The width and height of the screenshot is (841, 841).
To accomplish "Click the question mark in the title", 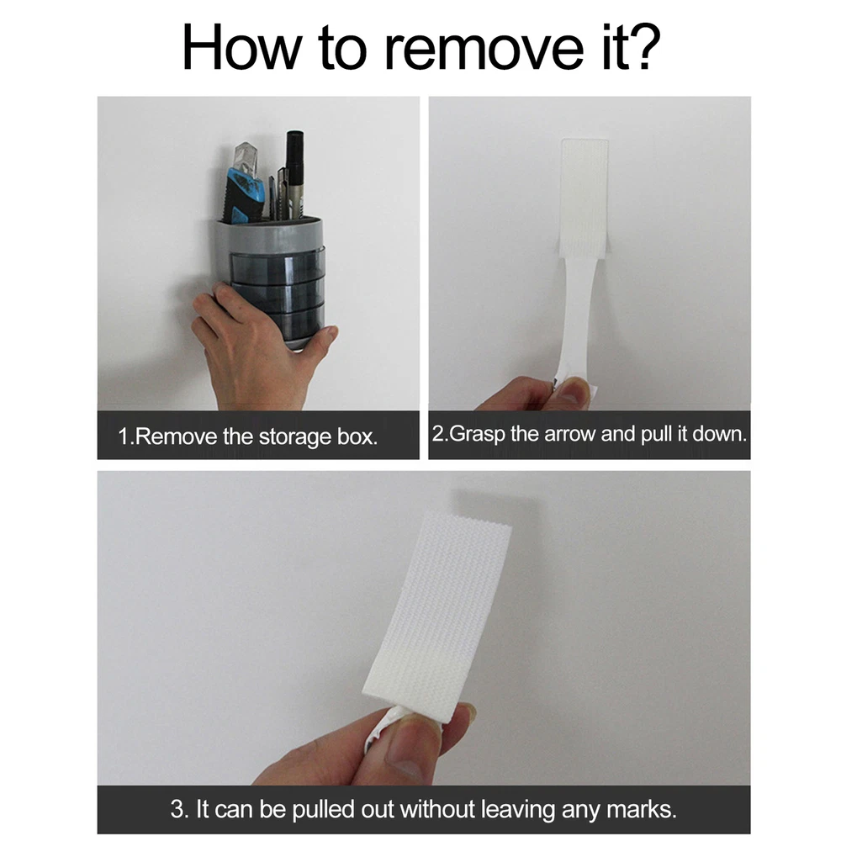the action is [x=640, y=47].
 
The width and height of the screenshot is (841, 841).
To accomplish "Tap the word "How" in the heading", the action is [x=241, y=47].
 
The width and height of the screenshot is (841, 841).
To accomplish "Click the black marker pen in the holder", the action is [x=294, y=174].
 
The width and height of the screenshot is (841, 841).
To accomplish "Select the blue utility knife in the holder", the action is [x=244, y=185].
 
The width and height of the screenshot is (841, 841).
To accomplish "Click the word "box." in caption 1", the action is [x=357, y=436].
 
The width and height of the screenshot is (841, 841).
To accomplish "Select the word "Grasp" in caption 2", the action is [x=477, y=434].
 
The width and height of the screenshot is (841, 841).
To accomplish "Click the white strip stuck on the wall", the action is [x=584, y=198].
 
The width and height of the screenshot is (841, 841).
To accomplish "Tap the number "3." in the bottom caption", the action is [x=180, y=809].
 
